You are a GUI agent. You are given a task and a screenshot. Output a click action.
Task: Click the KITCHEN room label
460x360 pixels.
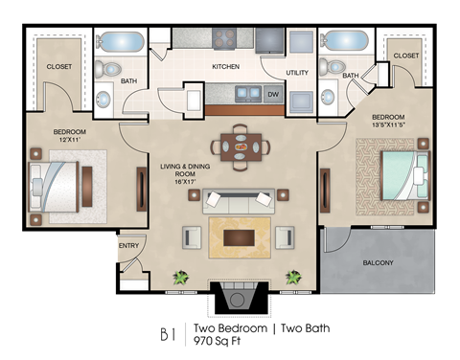click(x=224, y=66)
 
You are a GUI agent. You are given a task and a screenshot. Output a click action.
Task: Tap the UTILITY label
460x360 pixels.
click(x=296, y=74)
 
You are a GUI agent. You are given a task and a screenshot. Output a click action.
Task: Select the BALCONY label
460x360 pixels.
click(x=377, y=262)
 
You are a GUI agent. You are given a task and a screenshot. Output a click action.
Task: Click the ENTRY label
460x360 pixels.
click(x=128, y=246)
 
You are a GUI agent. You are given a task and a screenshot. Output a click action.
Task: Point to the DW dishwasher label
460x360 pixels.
click(x=273, y=94)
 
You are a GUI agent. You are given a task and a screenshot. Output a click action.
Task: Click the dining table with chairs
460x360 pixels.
click(x=241, y=146)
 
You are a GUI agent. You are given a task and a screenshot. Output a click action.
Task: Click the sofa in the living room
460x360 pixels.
click(x=241, y=200)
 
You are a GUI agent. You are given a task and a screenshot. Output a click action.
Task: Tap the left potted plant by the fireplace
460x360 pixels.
click(x=180, y=279)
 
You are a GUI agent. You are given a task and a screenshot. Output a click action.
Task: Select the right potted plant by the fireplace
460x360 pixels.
click(x=294, y=279)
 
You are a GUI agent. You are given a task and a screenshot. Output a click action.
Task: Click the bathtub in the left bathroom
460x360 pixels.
click(x=118, y=43)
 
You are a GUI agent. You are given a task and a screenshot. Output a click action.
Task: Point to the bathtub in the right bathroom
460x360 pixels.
click(x=342, y=43)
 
